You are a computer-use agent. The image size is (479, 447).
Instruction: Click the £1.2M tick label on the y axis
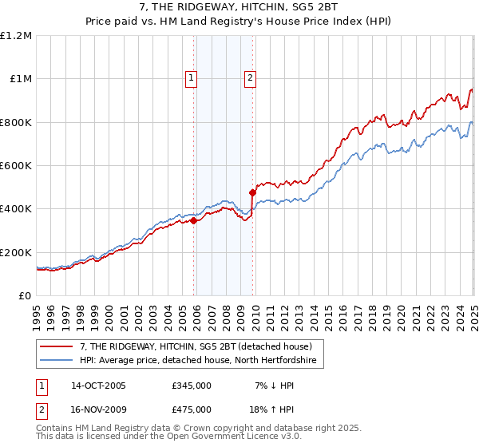click(x=16, y=36)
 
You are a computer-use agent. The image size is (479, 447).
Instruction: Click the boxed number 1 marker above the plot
click(x=192, y=77)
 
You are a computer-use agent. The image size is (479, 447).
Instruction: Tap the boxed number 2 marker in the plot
click(x=251, y=77)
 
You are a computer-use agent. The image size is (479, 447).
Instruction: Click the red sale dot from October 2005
click(x=193, y=221)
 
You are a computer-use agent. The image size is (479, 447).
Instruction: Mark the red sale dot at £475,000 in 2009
click(x=252, y=192)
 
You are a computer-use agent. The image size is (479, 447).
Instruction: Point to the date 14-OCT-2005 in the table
click(x=99, y=386)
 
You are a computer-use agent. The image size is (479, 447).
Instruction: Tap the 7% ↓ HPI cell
click(x=274, y=386)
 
